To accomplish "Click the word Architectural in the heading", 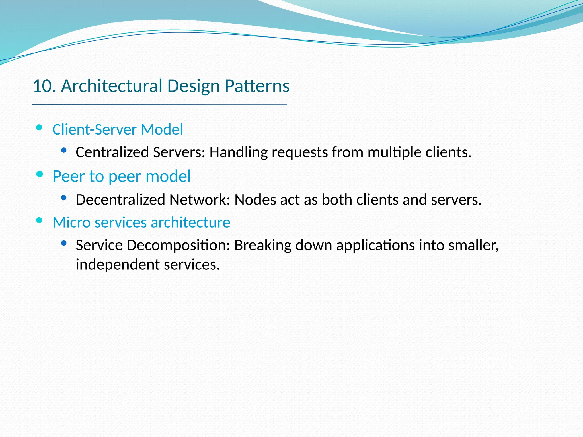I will tap(112, 86).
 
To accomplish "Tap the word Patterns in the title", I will tap(257, 86).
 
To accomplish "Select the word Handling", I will tap(238, 152).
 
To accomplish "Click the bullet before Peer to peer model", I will tap(40, 174).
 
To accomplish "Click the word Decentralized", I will tap(120, 199).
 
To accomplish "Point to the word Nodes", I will tap(255, 199).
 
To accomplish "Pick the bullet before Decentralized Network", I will tap(64, 197).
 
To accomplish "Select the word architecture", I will tap(190, 222).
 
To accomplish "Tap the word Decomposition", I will tap(178, 245).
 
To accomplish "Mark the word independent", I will tap(118, 265).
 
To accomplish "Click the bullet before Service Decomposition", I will tap(64, 243).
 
